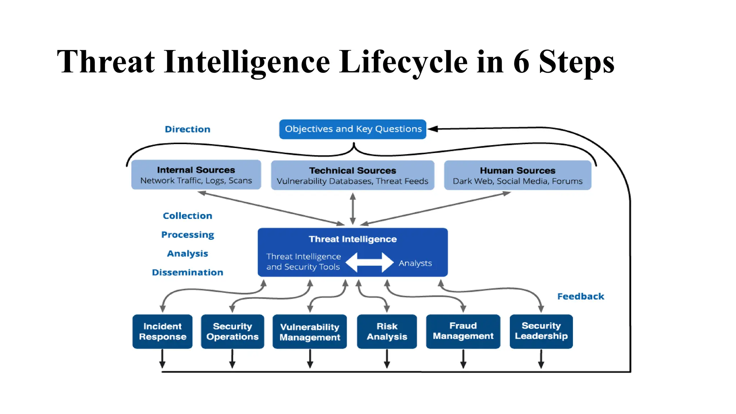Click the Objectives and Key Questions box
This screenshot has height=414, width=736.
[x=353, y=129]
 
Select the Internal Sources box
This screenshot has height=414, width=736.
[x=196, y=175]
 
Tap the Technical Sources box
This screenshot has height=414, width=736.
[x=353, y=175]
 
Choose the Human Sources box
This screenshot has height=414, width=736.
[x=517, y=175]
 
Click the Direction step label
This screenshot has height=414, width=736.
[x=187, y=129]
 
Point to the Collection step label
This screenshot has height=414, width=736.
[x=187, y=216]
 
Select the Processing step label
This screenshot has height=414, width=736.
[x=187, y=235]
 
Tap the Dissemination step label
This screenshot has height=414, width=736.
[x=187, y=272]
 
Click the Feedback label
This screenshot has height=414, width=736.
[x=580, y=296]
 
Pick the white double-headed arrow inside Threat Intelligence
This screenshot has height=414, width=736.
[x=369, y=262]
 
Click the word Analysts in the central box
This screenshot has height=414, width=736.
[x=415, y=263]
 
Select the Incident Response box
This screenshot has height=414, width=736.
[x=162, y=331]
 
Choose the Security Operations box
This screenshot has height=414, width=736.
[x=232, y=331]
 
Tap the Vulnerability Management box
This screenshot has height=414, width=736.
[x=309, y=332]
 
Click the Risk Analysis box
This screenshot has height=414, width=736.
[x=387, y=331]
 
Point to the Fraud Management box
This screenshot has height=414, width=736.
[x=463, y=331]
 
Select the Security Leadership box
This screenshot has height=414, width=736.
[x=541, y=331]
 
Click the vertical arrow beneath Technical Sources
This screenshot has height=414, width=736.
[x=353, y=208]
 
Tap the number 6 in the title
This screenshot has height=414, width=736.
[x=521, y=62]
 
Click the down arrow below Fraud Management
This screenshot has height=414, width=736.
[x=463, y=359]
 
